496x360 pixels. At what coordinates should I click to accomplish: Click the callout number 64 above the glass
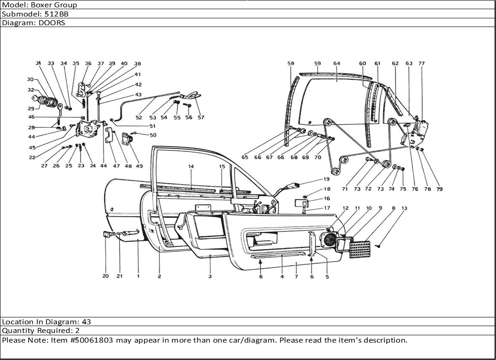pos(337,64)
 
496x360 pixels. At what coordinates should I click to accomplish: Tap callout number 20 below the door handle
pos(105,276)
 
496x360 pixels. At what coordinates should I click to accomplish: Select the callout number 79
pos(439,189)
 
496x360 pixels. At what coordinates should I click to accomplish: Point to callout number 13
pos(404,208)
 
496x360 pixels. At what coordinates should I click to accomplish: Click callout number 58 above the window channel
pos(291,64)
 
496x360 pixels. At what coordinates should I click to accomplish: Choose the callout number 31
pos(38,64)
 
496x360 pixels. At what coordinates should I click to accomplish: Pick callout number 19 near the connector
pos(327,179)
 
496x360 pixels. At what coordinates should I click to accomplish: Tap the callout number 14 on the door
pos(191,167)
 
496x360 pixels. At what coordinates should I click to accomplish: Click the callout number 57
pos(201,118)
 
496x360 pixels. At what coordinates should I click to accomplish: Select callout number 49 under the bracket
pos(139,166)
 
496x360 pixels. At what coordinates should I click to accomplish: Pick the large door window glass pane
pos(337,101)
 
